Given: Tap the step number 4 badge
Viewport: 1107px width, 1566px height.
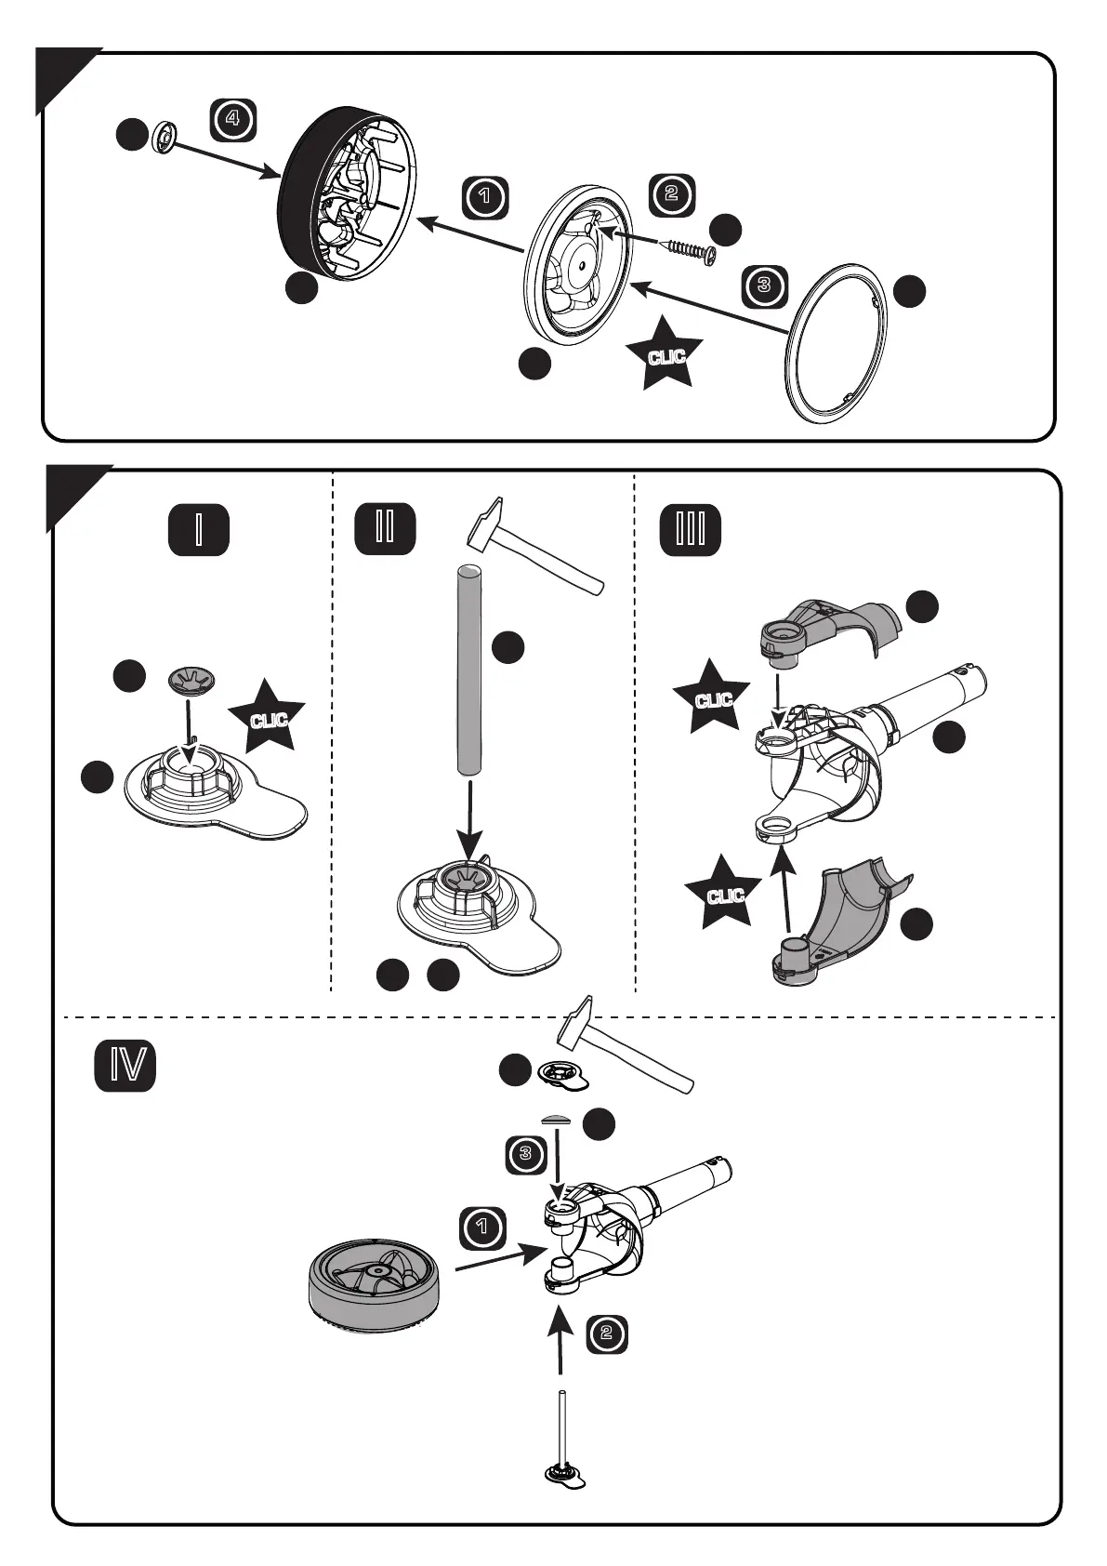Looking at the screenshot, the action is tap(232, 119).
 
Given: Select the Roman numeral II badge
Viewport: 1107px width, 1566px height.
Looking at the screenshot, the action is tap(385, 527).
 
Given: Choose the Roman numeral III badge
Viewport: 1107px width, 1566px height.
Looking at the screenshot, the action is tap(690, 529).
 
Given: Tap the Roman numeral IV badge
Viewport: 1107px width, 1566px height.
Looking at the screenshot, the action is tap(125, 1067).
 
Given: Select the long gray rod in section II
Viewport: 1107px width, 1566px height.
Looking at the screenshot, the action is tap(469, 669).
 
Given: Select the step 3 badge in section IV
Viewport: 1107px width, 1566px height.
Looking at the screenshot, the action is tap(526, 1155).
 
